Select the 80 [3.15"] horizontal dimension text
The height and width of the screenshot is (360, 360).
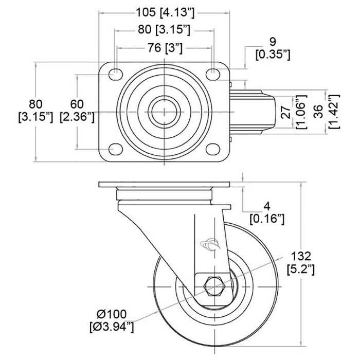[x=164, y=30]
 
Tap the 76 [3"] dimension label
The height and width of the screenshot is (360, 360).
[x=164, y=49]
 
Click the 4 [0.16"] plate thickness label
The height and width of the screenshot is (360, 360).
[x=267, y=213]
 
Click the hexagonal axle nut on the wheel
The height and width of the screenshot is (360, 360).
[x=211, y=286]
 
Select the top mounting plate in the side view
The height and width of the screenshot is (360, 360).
[x=163, y=185]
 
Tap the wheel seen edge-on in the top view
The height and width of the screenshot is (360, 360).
[x=252, y=111]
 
